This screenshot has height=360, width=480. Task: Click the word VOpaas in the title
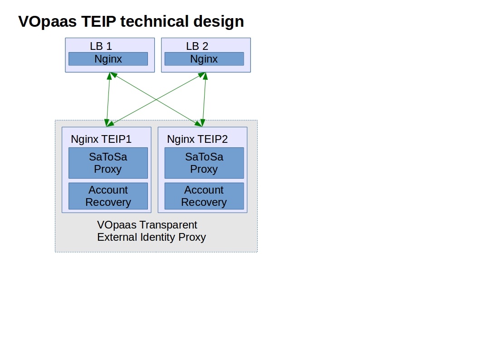[48, 22]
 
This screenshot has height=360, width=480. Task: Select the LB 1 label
[101, 46]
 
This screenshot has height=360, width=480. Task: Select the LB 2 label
[197, 46]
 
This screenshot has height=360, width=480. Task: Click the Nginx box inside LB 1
[108, 59]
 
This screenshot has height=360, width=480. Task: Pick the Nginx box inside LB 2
[204, 59]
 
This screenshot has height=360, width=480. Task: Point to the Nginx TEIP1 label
[101, 140]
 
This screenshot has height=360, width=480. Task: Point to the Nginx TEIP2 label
[197, 140]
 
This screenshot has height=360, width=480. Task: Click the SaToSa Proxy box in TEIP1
[108, 163]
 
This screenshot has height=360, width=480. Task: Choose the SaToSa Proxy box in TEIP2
[204, 163]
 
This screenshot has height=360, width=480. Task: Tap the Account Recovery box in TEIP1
[108, 196]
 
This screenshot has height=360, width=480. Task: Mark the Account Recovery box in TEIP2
[204, 196]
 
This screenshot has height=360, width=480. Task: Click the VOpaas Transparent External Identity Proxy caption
[152, 231]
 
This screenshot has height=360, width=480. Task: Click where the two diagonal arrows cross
[156, 99]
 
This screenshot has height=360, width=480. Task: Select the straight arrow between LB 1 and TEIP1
[108, 99]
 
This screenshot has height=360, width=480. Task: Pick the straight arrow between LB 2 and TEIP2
[204, 99]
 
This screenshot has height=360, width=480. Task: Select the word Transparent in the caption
[168, 225]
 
